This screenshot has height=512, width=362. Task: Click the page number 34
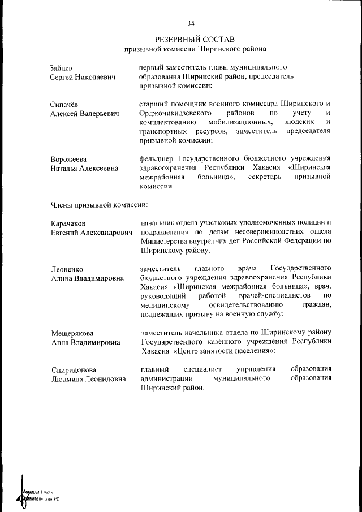click(191, 23)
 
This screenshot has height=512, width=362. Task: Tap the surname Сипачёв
click(66, 104)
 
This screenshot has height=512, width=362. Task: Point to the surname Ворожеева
click(71, 158)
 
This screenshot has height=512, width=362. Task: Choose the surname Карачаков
click(70, 223)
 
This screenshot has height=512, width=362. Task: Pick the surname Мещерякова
click(72, 333)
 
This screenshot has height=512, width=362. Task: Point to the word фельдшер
click(157, 158)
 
